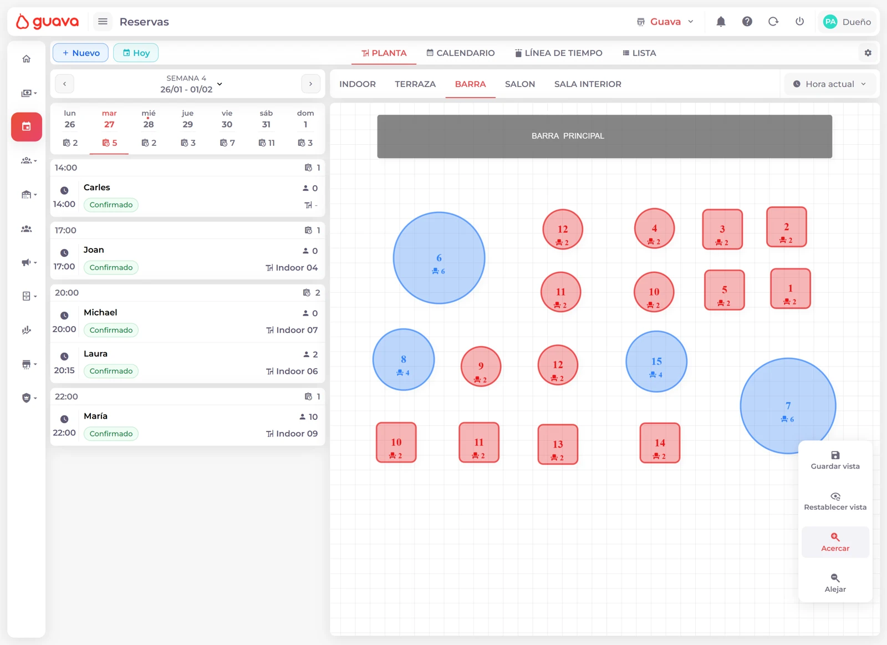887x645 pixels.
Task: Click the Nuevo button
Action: (x=80, y=53)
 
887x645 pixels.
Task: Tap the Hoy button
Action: (x=136, y=53)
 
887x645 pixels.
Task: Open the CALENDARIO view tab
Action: (x=460, y=53)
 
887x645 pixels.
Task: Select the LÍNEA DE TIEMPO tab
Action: (x=558, y=53)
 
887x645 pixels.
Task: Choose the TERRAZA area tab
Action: (x=415, y=84)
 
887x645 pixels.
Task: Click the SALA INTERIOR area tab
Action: (x=588, y=84)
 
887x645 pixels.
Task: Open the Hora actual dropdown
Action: (x=829, y=84)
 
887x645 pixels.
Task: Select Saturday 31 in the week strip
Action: (x=266, y=128)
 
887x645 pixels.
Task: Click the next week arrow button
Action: (x=310, y=84)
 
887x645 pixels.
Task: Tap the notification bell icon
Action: (x=721, y=22)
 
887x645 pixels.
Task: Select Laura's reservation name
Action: (x=95, y=354)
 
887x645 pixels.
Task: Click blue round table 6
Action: (x=439, y=258)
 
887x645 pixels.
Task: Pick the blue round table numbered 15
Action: (x=656, y=362)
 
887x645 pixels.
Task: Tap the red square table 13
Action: (x=558, y=445)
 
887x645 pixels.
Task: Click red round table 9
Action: (x=481, y=367)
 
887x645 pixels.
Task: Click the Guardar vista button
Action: (x=835, y=460)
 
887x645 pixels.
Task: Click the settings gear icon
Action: (x=868, y=53)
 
